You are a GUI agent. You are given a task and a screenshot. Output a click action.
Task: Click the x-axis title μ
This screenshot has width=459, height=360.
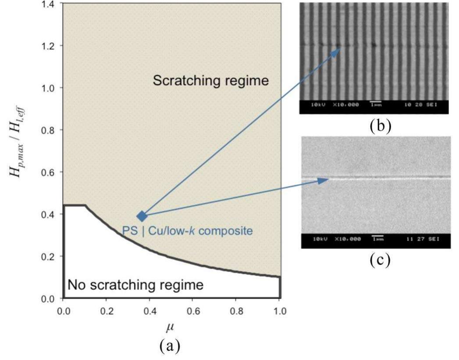171,327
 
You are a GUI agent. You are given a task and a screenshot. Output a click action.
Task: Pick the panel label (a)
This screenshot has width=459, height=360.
171,346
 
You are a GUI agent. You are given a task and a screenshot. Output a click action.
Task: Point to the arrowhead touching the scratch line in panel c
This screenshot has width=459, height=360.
327,179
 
